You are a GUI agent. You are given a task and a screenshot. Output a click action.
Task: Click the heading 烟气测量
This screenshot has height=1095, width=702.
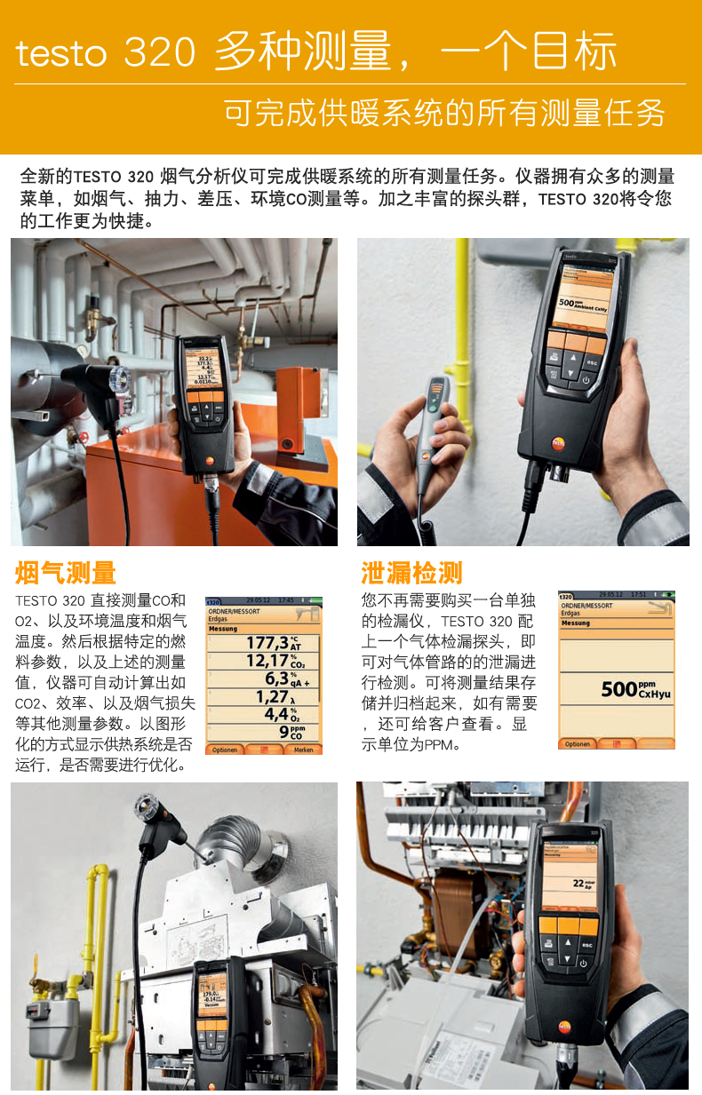(x=66, y=573)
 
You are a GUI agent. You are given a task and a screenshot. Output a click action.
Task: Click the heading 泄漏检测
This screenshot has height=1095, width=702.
(x=411, y=573)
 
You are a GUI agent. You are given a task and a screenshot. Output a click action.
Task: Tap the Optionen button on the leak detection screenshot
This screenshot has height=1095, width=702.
(x=577, y=743)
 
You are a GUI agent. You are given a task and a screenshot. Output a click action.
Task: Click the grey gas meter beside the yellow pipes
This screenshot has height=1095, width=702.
(x=52, y=1021)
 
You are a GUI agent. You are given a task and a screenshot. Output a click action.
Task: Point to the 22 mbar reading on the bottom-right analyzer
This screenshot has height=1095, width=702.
(x=582, y=884)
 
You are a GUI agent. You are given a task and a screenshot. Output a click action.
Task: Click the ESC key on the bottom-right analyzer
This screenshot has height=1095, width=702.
(x=586, y=945)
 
